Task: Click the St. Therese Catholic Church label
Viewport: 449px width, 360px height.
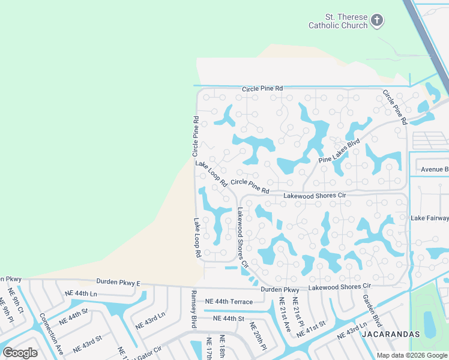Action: click(337, 21)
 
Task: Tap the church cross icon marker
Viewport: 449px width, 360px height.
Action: click(377, 21)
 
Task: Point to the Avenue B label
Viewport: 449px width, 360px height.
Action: click(434, 169)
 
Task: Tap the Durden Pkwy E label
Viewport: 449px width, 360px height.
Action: click(118, 281)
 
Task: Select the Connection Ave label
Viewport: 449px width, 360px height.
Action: click(51, 333)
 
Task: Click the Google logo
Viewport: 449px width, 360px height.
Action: click(20, 353)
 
